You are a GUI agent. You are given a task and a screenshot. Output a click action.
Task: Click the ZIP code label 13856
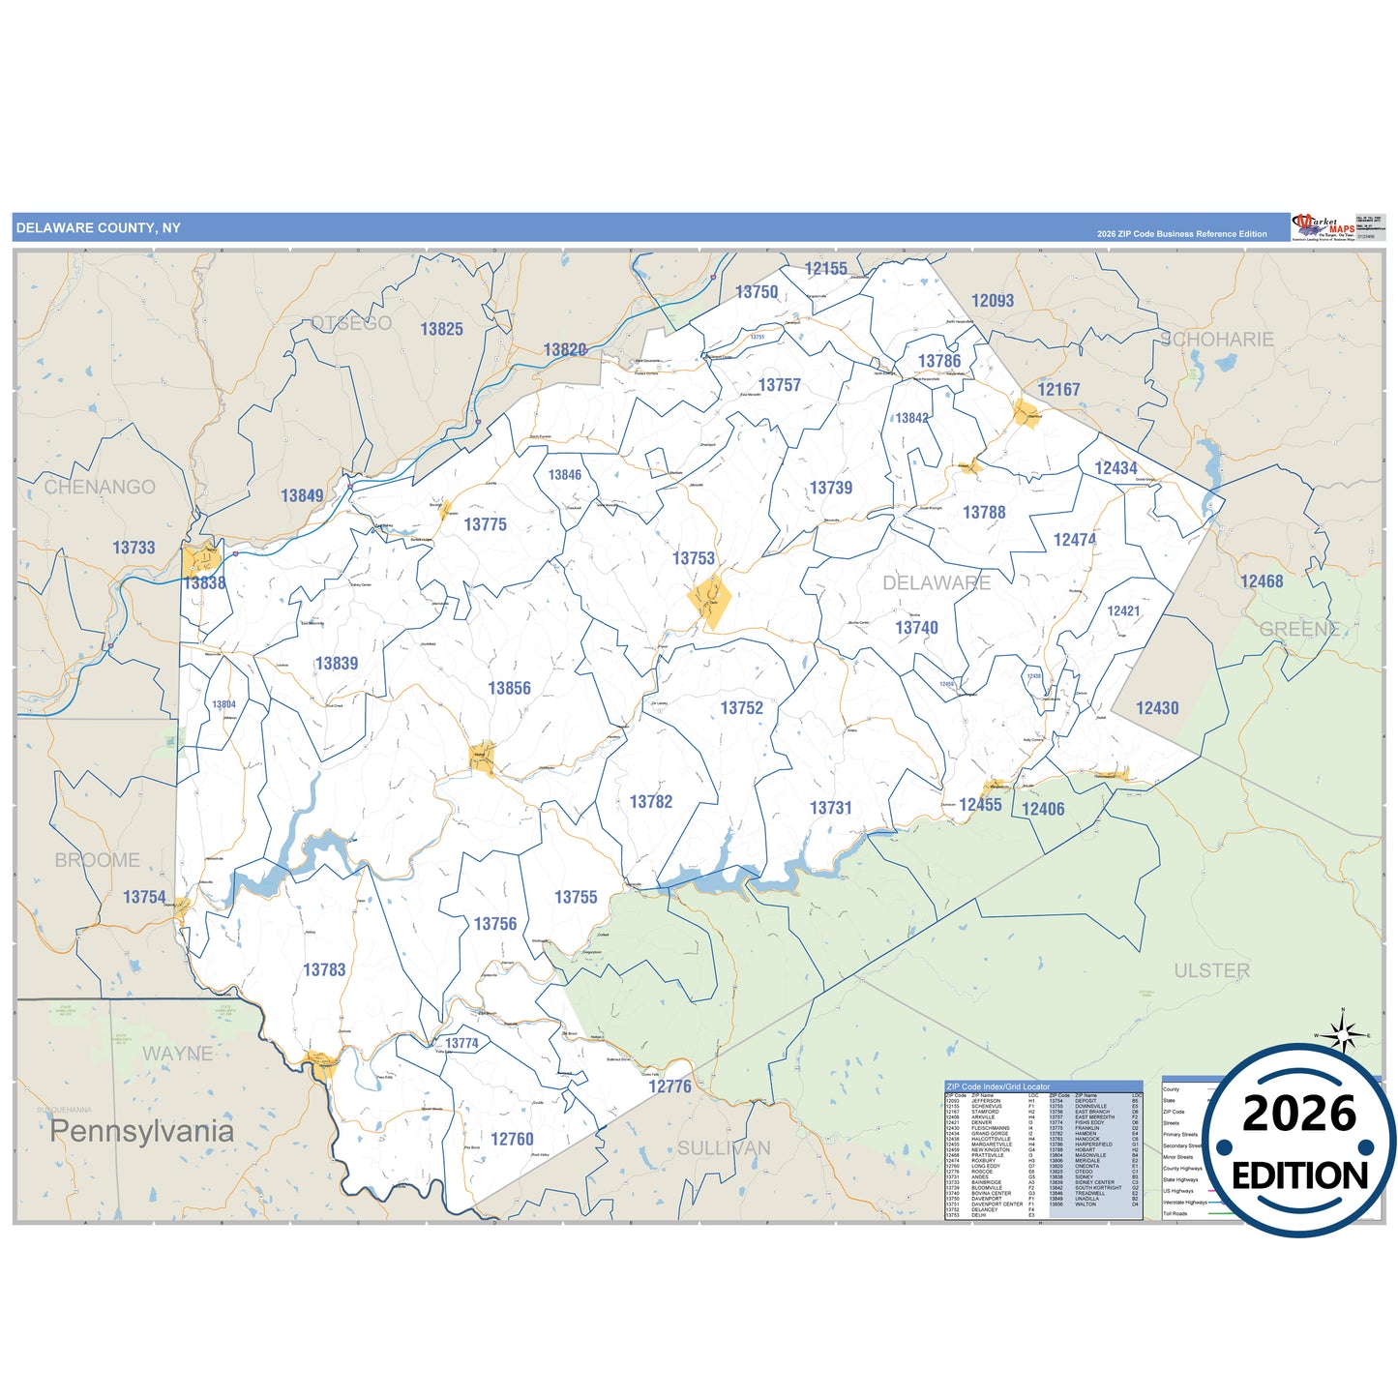point(509,688)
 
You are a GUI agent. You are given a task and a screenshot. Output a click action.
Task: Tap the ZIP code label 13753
point(694,558)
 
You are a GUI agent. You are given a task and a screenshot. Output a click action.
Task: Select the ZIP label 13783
point(324,969)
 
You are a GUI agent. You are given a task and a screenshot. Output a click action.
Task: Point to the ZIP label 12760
point(512,1139)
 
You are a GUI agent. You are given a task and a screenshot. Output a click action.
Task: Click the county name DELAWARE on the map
point(937,582)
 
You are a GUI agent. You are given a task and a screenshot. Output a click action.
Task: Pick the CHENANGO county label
point(100,487)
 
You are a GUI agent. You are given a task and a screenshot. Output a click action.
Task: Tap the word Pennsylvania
point(141,1131)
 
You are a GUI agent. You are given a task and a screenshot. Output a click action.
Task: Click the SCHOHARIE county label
point(1217,340)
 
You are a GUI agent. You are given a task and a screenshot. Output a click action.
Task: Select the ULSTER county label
point(1211,970)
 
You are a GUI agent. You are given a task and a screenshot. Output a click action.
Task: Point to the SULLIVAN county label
point(724,1148)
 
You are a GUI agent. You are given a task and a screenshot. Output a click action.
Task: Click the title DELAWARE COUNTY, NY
point(98,228)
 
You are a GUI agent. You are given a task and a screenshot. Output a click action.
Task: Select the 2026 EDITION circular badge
point(1298,1142)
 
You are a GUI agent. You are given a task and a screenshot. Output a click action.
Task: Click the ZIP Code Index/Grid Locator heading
point(997,1086)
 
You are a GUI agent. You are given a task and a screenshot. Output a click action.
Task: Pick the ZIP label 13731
point(830,807)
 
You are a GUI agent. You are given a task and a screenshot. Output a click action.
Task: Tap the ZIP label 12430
point(1157,708)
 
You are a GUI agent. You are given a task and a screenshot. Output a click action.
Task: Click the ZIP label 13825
point(441,329)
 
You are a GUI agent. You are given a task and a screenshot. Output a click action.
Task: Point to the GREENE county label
point(1299,629)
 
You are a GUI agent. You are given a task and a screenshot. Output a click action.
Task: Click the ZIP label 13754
point(144,897)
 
